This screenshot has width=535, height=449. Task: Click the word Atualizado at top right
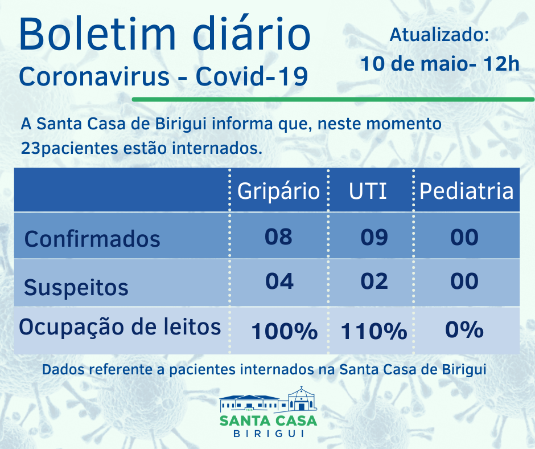[439, 35]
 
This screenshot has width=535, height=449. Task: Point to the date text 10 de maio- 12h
[440, 63]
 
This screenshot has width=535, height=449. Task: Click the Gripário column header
[278, 191]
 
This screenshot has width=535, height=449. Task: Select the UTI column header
[368, 191]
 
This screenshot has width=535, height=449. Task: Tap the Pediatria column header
[466, 191]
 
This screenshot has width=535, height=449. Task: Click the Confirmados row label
[92, 238]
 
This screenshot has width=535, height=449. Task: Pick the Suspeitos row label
[76, 287]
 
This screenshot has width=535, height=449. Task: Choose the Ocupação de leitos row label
[120, 328]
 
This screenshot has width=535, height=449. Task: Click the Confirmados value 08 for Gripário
[278, 236]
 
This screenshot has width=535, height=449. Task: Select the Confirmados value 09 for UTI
[374, 237]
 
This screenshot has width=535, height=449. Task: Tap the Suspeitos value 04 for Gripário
[279, 281]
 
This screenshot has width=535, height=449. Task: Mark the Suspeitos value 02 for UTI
[374, 281]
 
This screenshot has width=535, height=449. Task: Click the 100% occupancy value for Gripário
[284, 331]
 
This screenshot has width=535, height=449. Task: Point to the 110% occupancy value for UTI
[374, 331]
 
